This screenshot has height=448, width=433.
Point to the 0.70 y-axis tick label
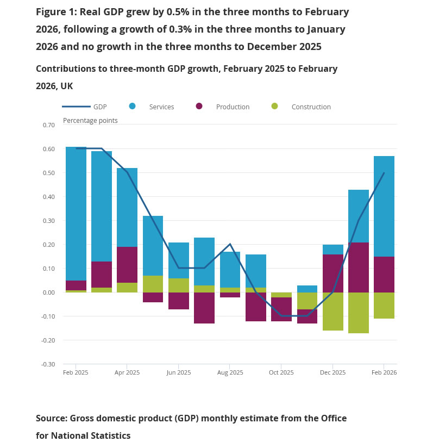[x=49, y=125]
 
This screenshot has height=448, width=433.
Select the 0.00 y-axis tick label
[x=49, y=293]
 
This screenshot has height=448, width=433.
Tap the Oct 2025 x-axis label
[x=281, y=373]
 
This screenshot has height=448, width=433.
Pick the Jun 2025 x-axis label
[x=179, y=373]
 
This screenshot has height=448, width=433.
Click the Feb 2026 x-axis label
[x=384, y=373]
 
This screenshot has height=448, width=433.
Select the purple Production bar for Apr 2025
[x=127, y=265]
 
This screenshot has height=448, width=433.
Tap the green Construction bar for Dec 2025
[x=333, y=312]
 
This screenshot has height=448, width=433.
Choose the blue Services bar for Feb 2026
[x=384, y=206]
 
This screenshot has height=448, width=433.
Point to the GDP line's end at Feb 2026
[x=384, y=173]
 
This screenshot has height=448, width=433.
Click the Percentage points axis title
[x=90, y=121]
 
